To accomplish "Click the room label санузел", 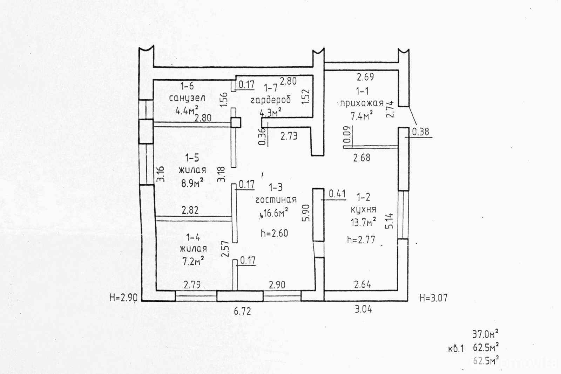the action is point(187,98).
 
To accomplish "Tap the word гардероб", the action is point(271,100).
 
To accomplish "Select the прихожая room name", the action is point(362,103).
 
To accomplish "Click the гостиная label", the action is point(276,200).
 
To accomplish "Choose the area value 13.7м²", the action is point(363,222).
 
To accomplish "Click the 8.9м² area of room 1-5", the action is point(192,183).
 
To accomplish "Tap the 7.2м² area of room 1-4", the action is point(193,261).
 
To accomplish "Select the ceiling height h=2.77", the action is point(361,240).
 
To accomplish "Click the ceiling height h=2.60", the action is point(275,233).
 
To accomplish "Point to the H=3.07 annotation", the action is point(433,298).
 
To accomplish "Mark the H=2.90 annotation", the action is point(123,298).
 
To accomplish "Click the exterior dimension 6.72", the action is point(242,311).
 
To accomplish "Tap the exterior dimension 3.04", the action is point(363,309).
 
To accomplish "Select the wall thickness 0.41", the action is point(337,194).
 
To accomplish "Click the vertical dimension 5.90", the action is point(306,213).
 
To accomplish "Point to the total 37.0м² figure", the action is point(485,334).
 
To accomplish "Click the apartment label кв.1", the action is point(456,349).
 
